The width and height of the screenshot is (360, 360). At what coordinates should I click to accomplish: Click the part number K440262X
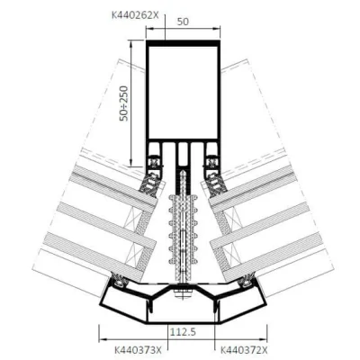click(x=135, y=15)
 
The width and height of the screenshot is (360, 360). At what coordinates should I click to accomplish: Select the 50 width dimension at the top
click(x=183, y=22)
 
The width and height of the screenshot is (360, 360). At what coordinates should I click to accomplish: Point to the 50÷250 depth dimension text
click(x=123, y=103)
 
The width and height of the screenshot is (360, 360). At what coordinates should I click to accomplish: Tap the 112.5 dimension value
click(x=183, y=332)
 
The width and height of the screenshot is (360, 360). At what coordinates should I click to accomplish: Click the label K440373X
click(x=138, y=350)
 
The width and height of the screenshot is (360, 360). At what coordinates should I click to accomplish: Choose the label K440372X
click(x=244, y=350)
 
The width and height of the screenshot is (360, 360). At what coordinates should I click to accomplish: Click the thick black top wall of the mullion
click(x=183, y=43)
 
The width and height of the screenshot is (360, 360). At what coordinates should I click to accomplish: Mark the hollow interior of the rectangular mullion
click(x=183, y=93)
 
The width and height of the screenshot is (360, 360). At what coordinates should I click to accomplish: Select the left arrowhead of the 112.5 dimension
click(x=103, y=339)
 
